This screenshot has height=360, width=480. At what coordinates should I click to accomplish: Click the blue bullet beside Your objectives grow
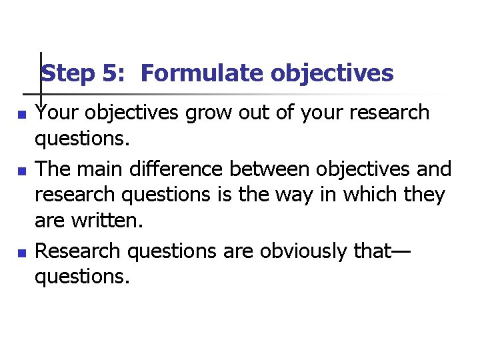[x=21, y=115]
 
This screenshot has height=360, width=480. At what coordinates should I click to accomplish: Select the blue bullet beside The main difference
[x=21, y=171]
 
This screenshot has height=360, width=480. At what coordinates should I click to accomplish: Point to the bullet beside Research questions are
[x=21, y=253]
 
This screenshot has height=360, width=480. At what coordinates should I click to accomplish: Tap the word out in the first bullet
[x=257, y=113]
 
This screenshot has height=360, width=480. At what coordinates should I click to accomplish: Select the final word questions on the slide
[x=81, y=276]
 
